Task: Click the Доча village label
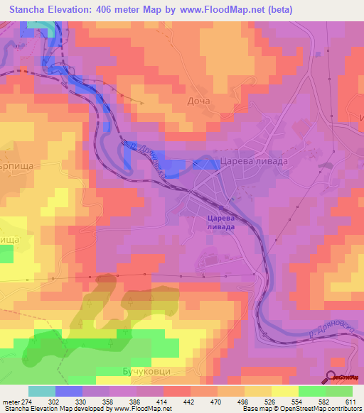[199, 101]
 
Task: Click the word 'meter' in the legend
[11, 402]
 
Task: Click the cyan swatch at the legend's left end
[42, 391]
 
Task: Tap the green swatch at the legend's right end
[338, 391]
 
